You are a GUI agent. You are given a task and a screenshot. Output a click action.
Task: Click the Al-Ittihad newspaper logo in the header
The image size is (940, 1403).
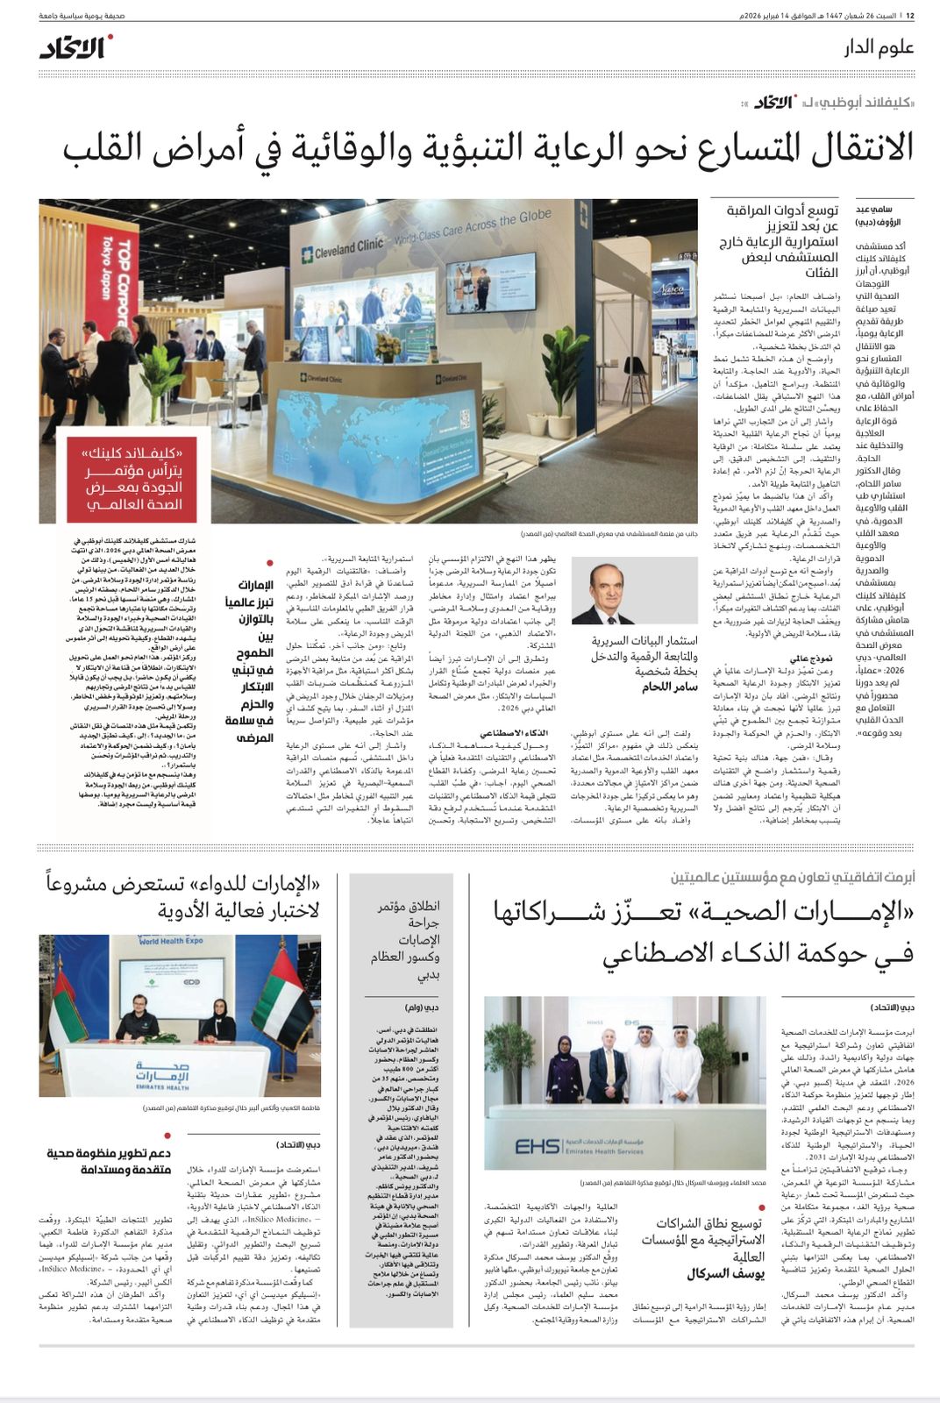(x=75, y=46)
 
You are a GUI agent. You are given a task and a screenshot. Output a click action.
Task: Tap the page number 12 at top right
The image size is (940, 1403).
(x=910, y=16)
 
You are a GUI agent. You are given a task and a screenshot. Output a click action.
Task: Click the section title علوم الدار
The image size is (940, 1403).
(x=879, y=46)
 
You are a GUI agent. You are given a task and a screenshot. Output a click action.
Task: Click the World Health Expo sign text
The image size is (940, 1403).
(x=171, y=941)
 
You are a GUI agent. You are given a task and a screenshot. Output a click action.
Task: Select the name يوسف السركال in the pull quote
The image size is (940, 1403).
(x=724, y=1273)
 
